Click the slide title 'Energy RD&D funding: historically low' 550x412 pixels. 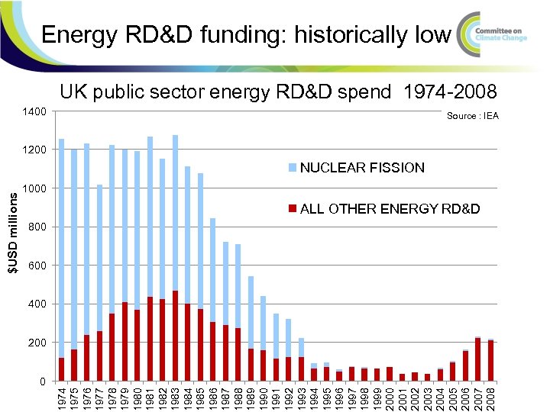coord(246,34)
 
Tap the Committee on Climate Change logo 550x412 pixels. coord(497,34)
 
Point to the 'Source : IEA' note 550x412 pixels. coord(472,116)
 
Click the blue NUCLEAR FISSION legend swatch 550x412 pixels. coord(294,168)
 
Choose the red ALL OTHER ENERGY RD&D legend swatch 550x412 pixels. coord(294,209)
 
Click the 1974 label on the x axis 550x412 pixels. coord(62,397)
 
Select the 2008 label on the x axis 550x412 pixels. coord(490,397)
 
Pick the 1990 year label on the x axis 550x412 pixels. coord(264,397)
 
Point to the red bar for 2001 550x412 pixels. coord(403,377)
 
